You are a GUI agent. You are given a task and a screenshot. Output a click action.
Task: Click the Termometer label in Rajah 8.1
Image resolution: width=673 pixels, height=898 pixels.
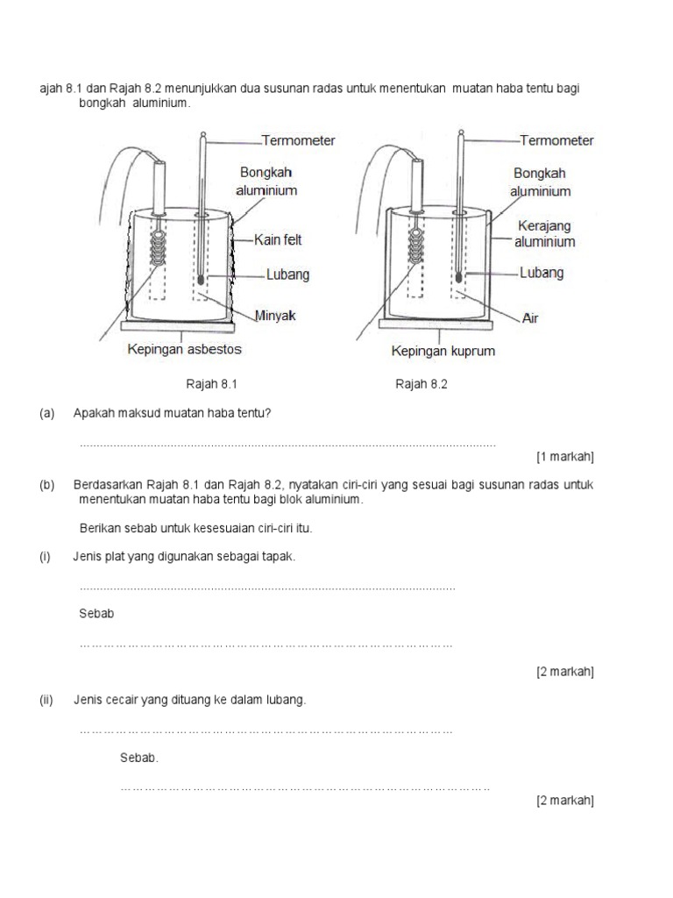[x=298, y=140]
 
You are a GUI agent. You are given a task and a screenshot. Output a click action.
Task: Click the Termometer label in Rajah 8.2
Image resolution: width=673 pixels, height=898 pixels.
[x=556, y=140]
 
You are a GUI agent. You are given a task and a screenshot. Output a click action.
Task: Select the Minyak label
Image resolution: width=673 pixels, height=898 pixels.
[x=275, y=316]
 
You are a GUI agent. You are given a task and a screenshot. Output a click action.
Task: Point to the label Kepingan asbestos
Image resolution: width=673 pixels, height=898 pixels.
[x=184, y=349]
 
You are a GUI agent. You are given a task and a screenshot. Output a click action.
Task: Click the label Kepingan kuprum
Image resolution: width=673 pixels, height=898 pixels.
[x=443, y=351]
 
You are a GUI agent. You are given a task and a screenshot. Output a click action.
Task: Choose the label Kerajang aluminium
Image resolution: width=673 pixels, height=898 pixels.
[x=544, y=233]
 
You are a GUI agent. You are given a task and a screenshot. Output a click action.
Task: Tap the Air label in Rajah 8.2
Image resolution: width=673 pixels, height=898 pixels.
[x=530, y=317]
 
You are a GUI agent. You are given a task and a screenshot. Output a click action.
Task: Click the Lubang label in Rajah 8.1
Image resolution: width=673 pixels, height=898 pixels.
[x=287, y=274]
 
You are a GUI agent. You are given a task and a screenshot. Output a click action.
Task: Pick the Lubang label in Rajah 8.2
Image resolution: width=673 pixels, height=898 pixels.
[x=542, y=273]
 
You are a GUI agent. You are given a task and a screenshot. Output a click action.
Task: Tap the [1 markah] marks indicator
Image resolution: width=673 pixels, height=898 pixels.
[x=565, y=456]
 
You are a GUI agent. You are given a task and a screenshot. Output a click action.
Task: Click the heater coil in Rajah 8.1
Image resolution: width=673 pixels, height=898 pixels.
[x=160, y=249]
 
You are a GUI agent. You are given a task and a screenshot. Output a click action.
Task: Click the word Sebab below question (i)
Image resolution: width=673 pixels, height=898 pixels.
[x=96, y=614]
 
